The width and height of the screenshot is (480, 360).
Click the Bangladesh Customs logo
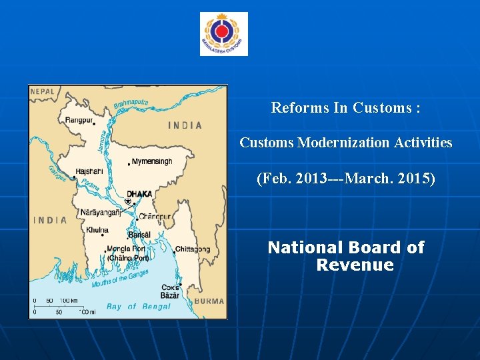tap(224, 33)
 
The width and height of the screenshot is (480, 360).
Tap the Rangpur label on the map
tap(79, 120)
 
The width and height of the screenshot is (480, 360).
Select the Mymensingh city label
tap(153, 161)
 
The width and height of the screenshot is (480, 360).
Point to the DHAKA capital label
tap(139, 194)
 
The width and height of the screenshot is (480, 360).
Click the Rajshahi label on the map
tap(89, 171)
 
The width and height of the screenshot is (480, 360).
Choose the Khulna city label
tap(97, 230)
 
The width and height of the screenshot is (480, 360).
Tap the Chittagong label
tap(193, 249)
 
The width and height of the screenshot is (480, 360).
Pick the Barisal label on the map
tap(139, 235)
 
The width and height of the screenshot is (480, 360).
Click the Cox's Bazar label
tap(170, 291)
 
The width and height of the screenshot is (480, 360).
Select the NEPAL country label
tap(42, 91)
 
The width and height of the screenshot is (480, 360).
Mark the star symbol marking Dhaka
tap(128, 201)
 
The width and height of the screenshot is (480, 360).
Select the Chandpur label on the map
tap(155, 216)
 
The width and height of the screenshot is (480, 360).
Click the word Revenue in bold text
tap(355, 265)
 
